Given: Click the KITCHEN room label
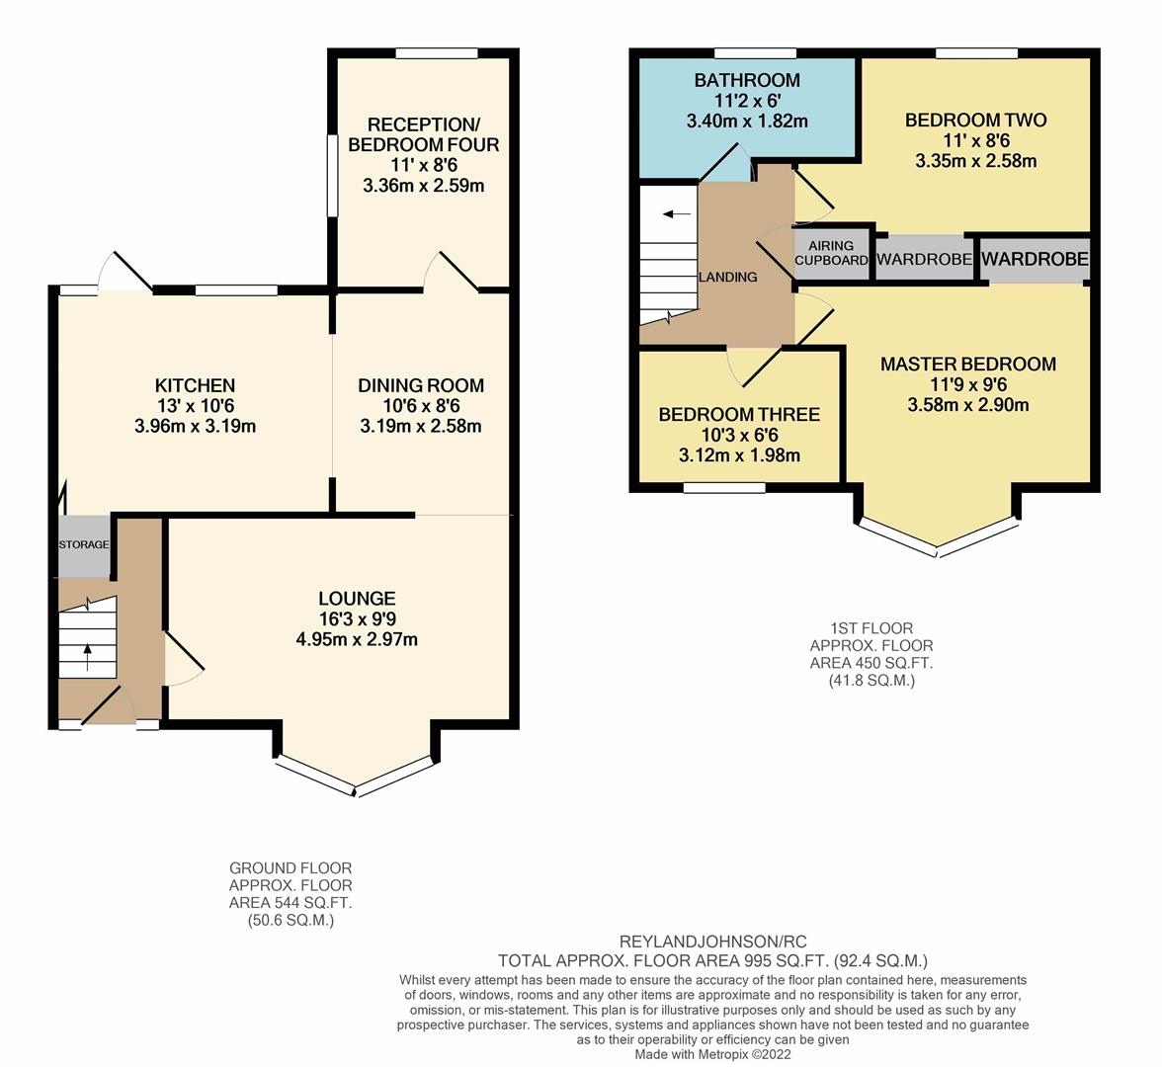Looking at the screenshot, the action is coord(195,385).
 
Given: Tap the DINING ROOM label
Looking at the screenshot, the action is coord(421,385).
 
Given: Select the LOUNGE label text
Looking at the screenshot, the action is coord(358,598).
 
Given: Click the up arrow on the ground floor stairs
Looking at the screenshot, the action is coord(88,657).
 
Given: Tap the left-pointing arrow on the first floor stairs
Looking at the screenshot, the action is coord(677,214).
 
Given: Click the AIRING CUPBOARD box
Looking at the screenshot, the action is coord(831,253).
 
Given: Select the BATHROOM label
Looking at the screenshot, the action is coord(747,80).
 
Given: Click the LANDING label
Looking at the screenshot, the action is coord(727,277).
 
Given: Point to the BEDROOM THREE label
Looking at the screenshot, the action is coord(739,414).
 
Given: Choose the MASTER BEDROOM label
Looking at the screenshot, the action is coord(968,364).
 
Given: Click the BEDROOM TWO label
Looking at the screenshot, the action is coord(976,121).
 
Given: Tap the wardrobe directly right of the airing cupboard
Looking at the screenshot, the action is coord(924,259).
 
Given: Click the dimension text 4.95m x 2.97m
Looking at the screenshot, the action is coord(358,638).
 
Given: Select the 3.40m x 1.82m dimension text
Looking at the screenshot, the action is coord(747,121).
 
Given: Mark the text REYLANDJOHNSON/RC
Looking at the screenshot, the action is coord(713,943).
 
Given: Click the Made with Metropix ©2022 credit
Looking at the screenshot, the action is coord(713,1054).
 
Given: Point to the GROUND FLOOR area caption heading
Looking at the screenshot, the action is coord(290,867).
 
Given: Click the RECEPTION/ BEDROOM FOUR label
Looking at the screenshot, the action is coord(424,134).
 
